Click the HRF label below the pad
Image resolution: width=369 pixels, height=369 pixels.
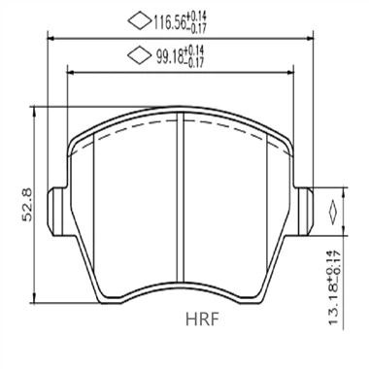pyautogui.click(x=204, y=316)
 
